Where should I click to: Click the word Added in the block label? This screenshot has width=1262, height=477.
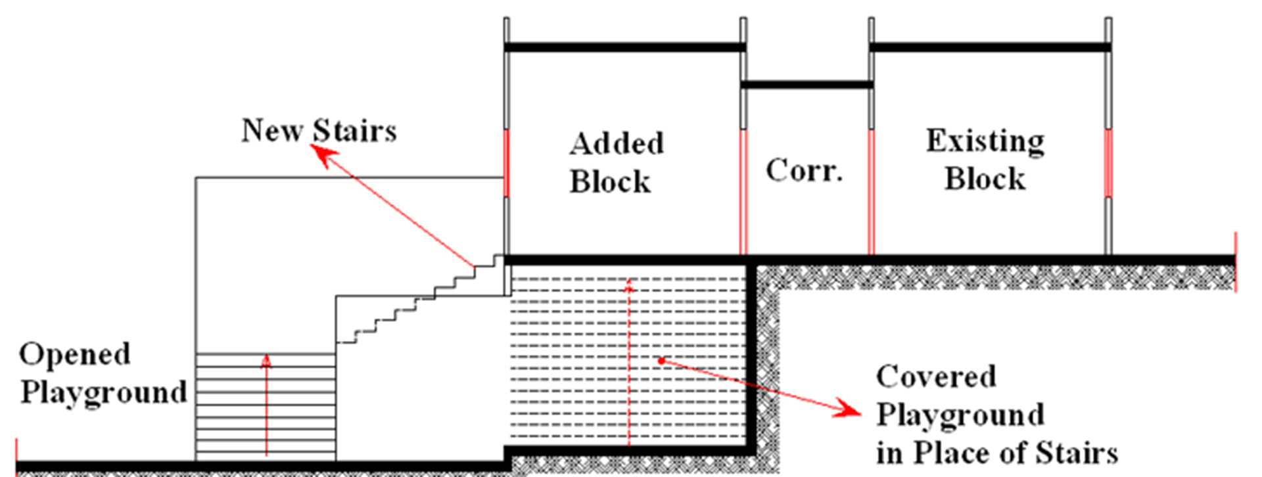617,144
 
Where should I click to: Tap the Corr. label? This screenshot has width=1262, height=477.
804,170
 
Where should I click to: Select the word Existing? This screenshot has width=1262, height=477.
985,141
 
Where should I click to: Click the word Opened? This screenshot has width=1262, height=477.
75,355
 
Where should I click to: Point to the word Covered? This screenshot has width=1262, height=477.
936,376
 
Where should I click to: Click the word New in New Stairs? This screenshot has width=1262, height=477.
271,130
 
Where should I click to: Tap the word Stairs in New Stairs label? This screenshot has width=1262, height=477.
355,130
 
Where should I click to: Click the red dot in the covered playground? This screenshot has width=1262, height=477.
661,361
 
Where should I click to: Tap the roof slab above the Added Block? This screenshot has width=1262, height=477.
625,47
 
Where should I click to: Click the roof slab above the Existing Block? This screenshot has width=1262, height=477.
990,47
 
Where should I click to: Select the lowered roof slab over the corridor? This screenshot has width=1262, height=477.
807,85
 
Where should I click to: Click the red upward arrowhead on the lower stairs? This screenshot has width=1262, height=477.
266,361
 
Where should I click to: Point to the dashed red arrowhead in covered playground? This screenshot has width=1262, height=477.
629,284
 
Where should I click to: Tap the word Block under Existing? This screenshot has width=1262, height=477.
985,179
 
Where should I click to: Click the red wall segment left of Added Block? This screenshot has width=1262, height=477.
506,163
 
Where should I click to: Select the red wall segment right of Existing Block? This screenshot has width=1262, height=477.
1108,163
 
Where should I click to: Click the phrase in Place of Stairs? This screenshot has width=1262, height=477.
997,453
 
